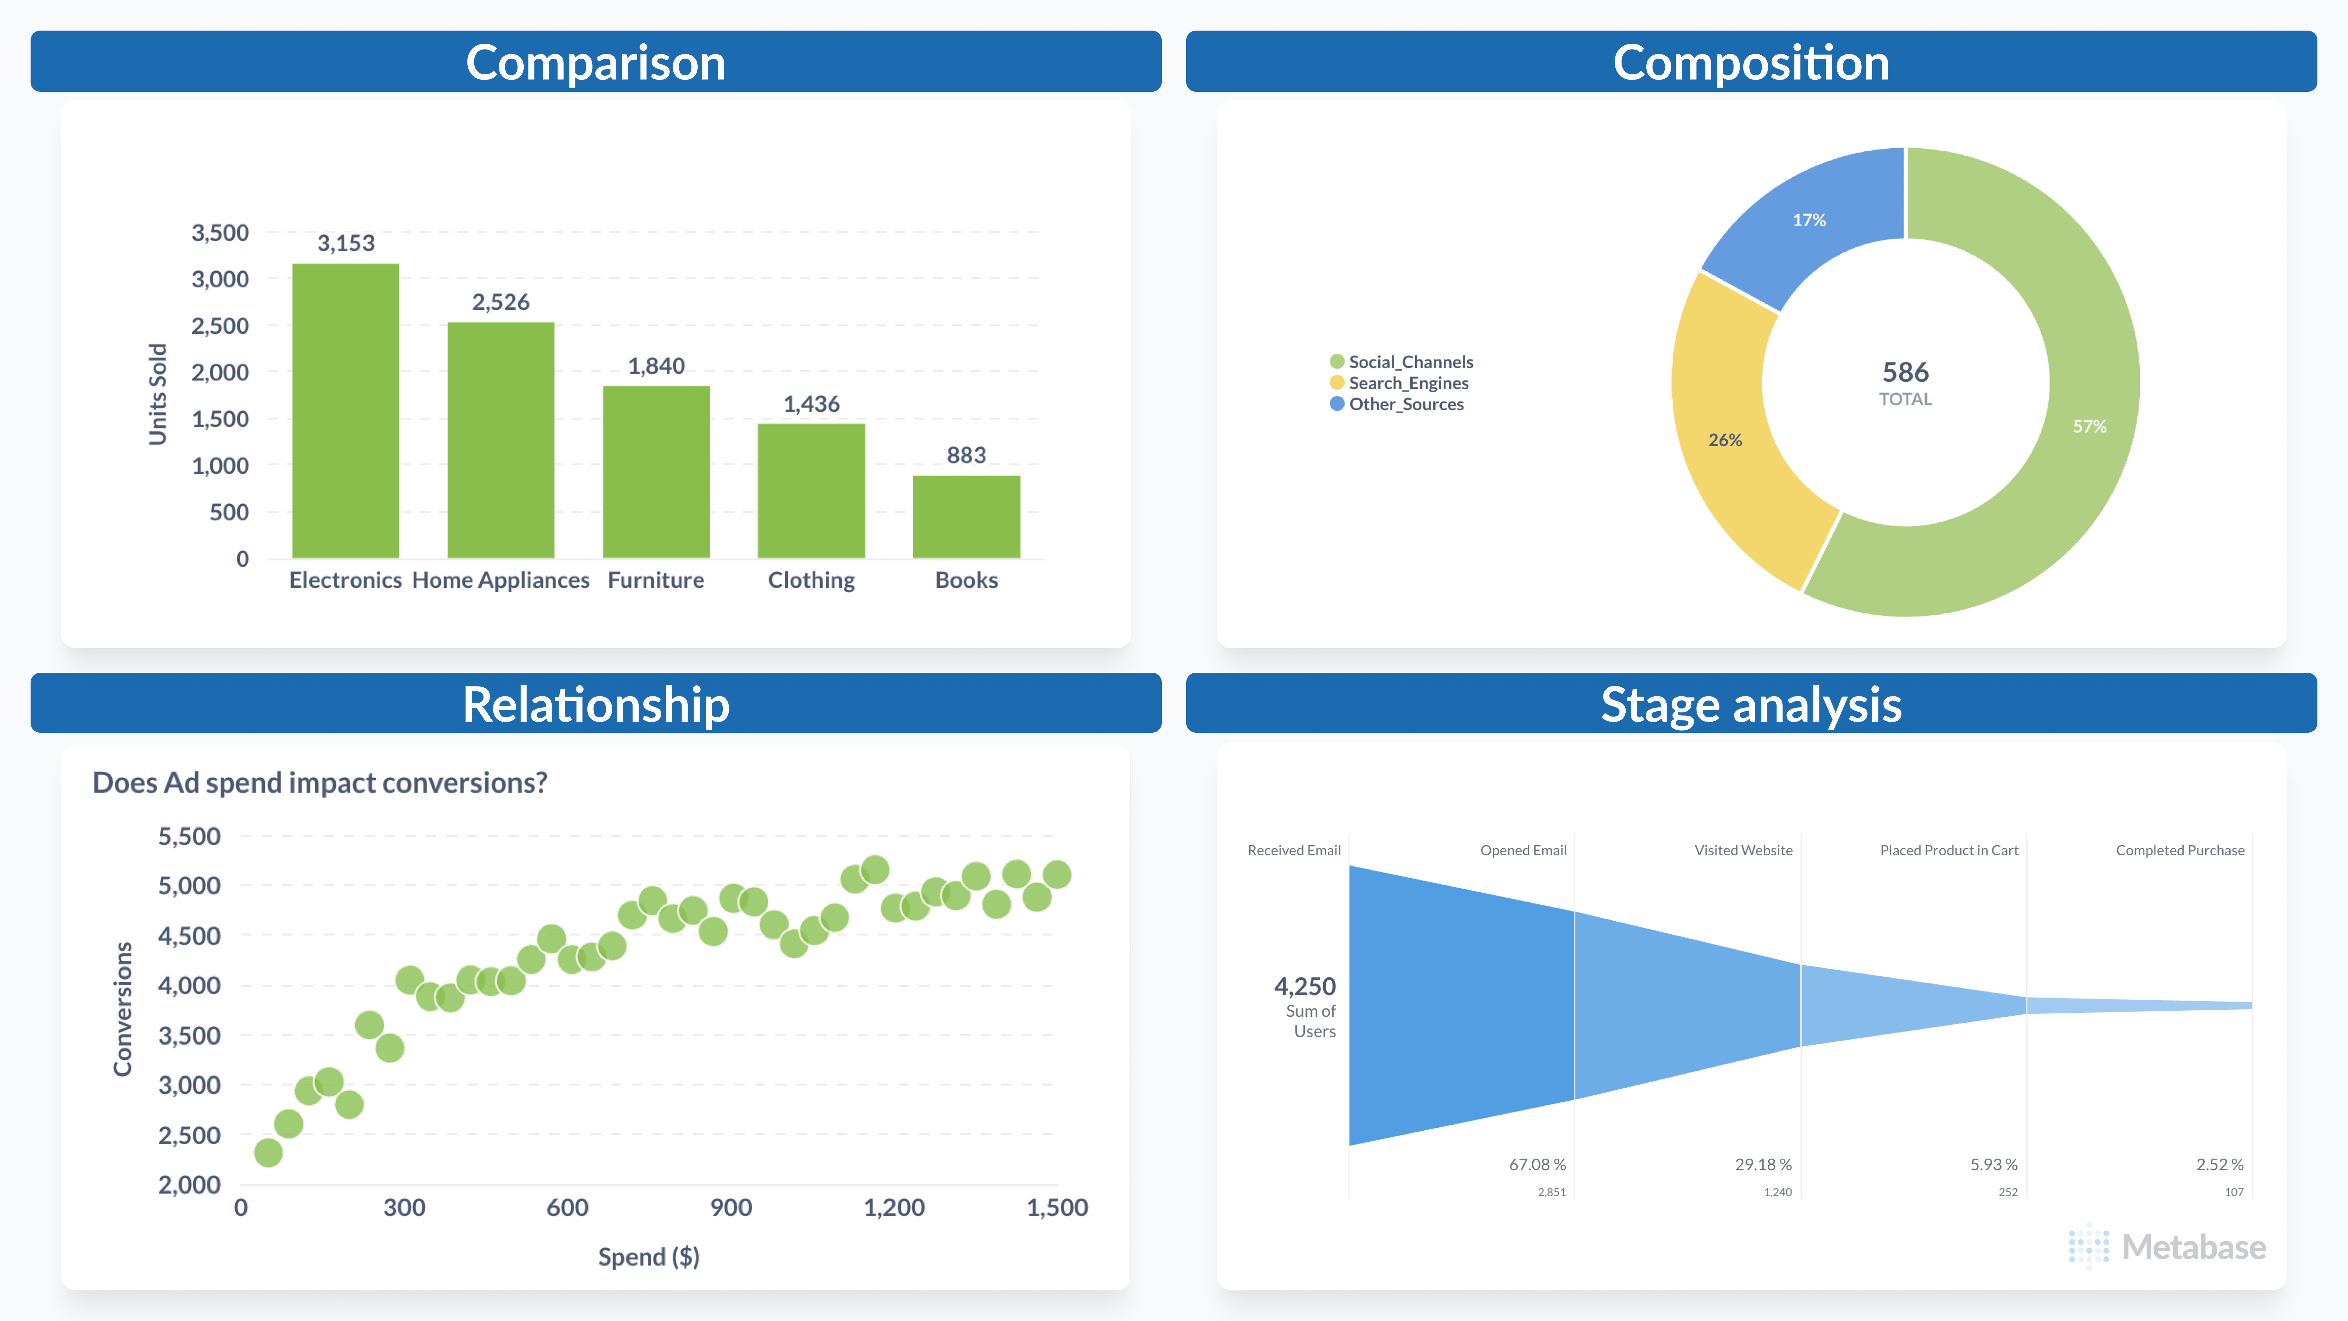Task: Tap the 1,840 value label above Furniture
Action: tap(656, 366)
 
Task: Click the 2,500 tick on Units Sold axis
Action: tap(220, 325)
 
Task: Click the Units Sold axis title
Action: tap(158, 394)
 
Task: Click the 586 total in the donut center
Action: tap(1905, 372)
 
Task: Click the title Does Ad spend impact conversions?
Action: tap(320, 782)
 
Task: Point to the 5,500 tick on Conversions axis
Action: tap(190, 836)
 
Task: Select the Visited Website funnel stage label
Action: tap(1743, 850)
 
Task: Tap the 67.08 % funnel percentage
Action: tap(1537, 1164)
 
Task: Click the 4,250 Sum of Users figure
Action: tap(1304, 986)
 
